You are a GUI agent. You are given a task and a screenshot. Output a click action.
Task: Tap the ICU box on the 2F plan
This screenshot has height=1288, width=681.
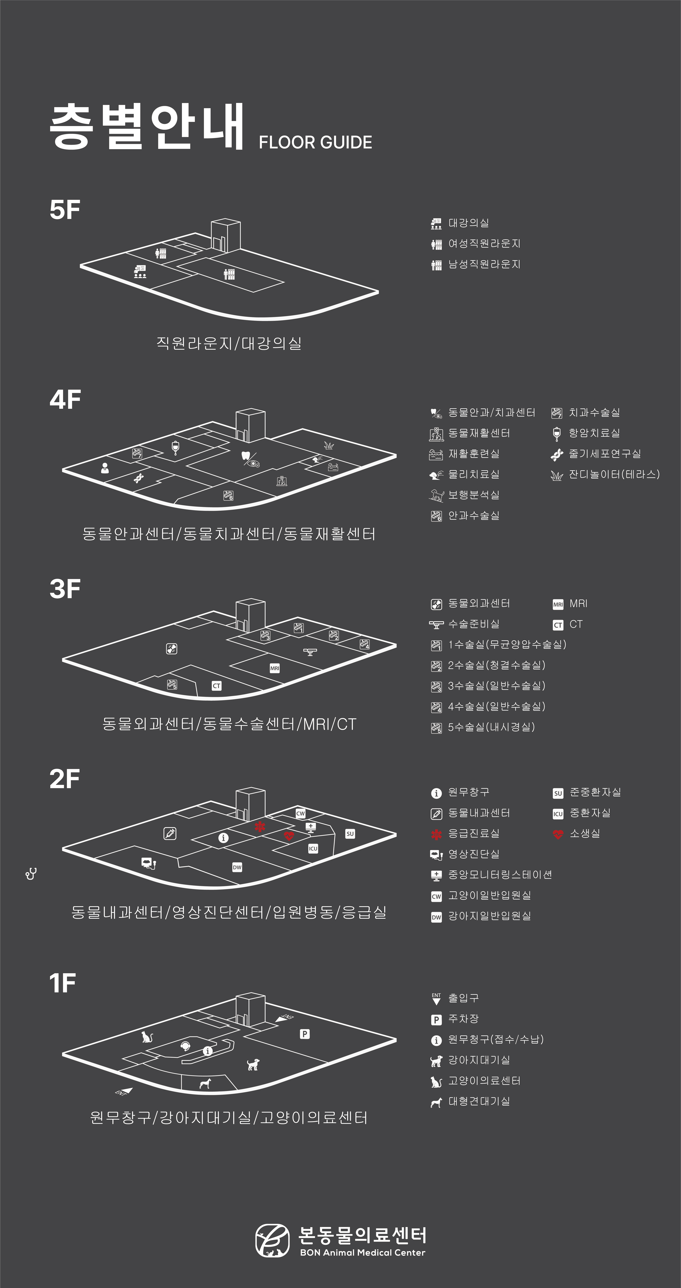tap(313, 848)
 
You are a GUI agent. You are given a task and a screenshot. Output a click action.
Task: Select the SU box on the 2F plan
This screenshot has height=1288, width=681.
tap(350, 833)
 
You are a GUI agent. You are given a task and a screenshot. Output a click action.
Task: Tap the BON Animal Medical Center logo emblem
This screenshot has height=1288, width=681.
tap(272, 1240)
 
